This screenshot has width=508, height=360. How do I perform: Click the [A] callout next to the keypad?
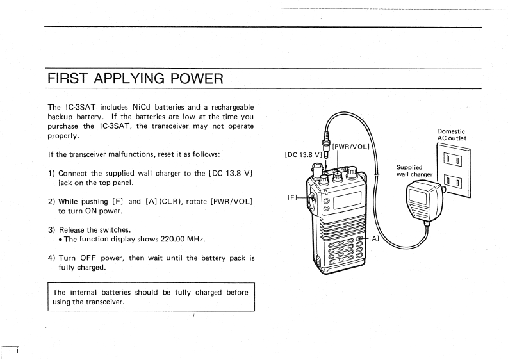(x=373, y=239)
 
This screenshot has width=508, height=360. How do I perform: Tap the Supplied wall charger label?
(x=414, y=171)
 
